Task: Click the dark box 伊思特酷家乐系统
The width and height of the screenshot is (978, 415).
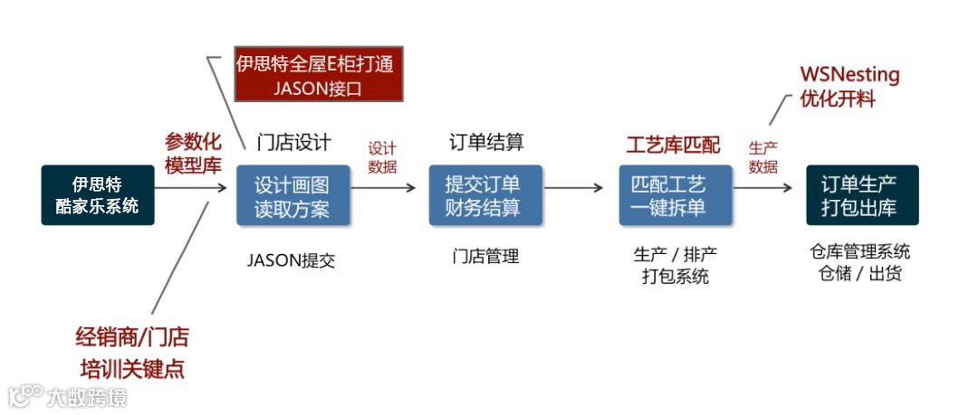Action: coord(98,194)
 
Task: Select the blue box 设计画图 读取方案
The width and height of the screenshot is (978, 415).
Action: coord(292,195)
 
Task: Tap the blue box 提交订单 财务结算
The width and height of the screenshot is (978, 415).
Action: coord(485,195)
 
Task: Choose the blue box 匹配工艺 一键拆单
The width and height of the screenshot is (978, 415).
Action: coord(676,195)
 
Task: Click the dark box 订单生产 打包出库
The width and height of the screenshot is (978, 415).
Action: coord(862,195)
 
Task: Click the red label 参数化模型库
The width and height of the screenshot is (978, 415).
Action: coord(193,153)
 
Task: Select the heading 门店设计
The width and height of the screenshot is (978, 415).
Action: coord(292,142)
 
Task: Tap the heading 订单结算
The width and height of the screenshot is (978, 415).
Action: coord(486,142)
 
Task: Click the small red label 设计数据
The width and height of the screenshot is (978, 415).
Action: coord(382,156)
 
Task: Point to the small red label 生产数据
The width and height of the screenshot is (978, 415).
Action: coord(763,156)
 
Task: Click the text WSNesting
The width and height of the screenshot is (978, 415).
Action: coord(849,74)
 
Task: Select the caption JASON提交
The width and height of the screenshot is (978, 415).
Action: coord(292,259)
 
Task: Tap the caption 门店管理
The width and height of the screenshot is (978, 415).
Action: coord(486,256)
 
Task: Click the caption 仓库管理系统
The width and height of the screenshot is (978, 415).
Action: coord(860,251)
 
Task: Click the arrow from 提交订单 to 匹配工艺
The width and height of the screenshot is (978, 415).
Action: coord(573,188)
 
